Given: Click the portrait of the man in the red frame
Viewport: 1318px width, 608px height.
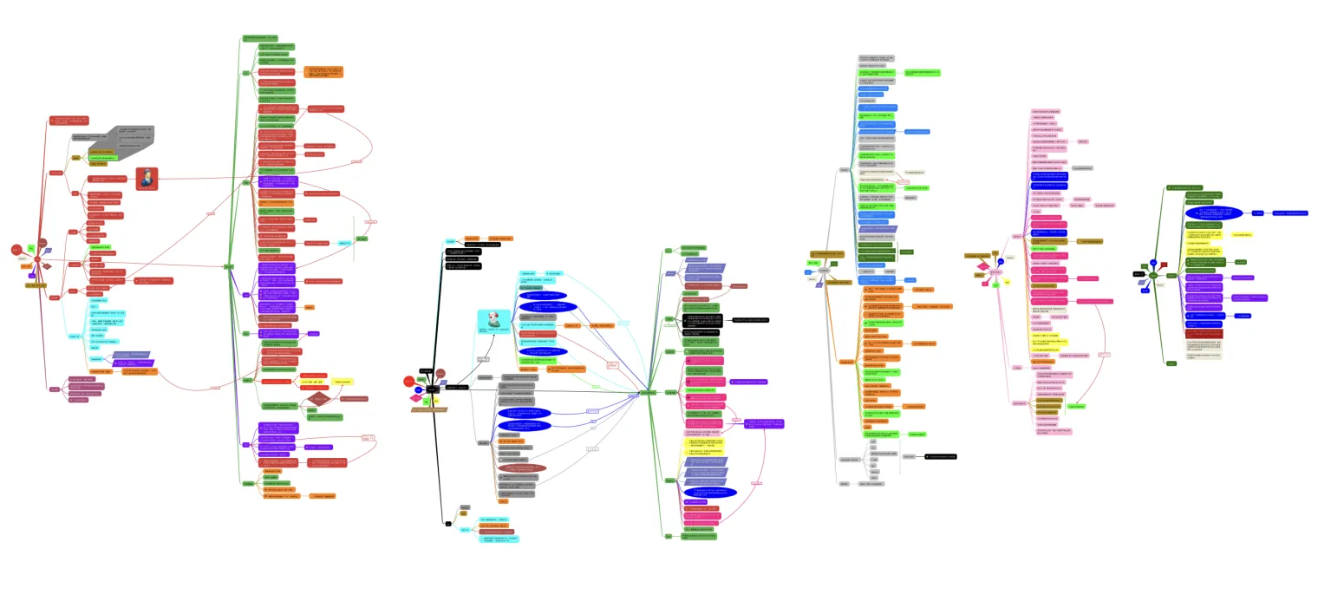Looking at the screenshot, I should pyautogui.click(x=147, y=179).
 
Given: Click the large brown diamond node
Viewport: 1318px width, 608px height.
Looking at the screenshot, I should pyautogui.click(x=320, y=399).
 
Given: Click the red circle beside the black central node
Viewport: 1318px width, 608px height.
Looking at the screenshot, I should pyautogui.click(x=409, y=382).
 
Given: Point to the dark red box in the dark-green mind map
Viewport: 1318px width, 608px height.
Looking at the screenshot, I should pyautogui.click(x=1204, y=333).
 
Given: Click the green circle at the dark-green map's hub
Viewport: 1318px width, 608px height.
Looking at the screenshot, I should pyautogui.click(x=1152, y=275).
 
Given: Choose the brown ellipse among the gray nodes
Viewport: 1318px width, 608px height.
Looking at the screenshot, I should pyautogui.click(x=519, y=467).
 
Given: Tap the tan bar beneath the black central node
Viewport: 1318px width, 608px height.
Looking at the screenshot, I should pyautogui.click(x=429, y=409).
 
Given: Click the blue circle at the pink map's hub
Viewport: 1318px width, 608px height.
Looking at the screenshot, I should pyautogui.click(x=1000, y=261).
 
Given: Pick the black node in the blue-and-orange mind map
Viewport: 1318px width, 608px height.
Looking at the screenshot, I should pyautogui.click(x=941, y=455).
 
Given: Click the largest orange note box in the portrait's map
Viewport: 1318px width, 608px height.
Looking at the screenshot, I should pyautogui.click(x=322, y=71).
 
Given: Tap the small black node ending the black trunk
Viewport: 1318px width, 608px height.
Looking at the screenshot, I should pyautogui.click(x=448, y=523).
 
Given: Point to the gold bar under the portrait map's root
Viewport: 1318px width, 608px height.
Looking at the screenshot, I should pyautogui.click(x=36, y=284).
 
